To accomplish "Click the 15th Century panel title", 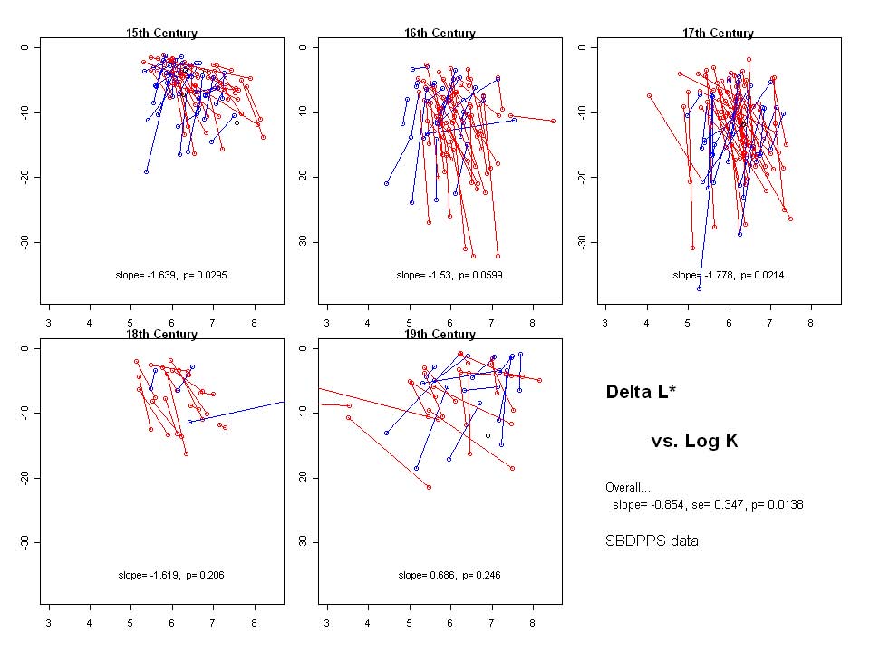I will tap(161, 34).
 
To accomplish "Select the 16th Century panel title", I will tap(440, 34).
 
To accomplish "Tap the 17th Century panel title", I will tap(718, 34).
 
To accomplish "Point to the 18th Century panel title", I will tap(161, 335).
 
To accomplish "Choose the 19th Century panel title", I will tap(440, 335).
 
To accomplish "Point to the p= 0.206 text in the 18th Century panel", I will tap(205, 575).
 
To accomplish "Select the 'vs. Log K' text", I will tap(694, 442).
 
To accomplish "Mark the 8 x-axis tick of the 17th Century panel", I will tap(810, 320).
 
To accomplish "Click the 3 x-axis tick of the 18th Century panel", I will tap(48, 621).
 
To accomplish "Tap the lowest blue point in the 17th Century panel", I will tap(700, 288).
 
